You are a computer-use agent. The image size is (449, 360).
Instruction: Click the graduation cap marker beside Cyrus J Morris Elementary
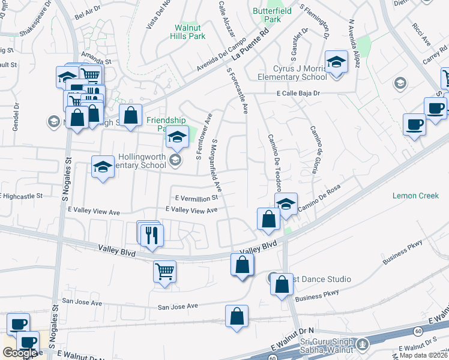point(337,63)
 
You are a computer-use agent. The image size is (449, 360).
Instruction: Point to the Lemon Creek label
point(412,196)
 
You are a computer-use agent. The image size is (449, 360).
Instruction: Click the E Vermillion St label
point(196,198)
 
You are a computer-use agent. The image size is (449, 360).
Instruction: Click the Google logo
point(20,353)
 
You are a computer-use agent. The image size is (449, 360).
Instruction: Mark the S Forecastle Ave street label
point(238,90)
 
